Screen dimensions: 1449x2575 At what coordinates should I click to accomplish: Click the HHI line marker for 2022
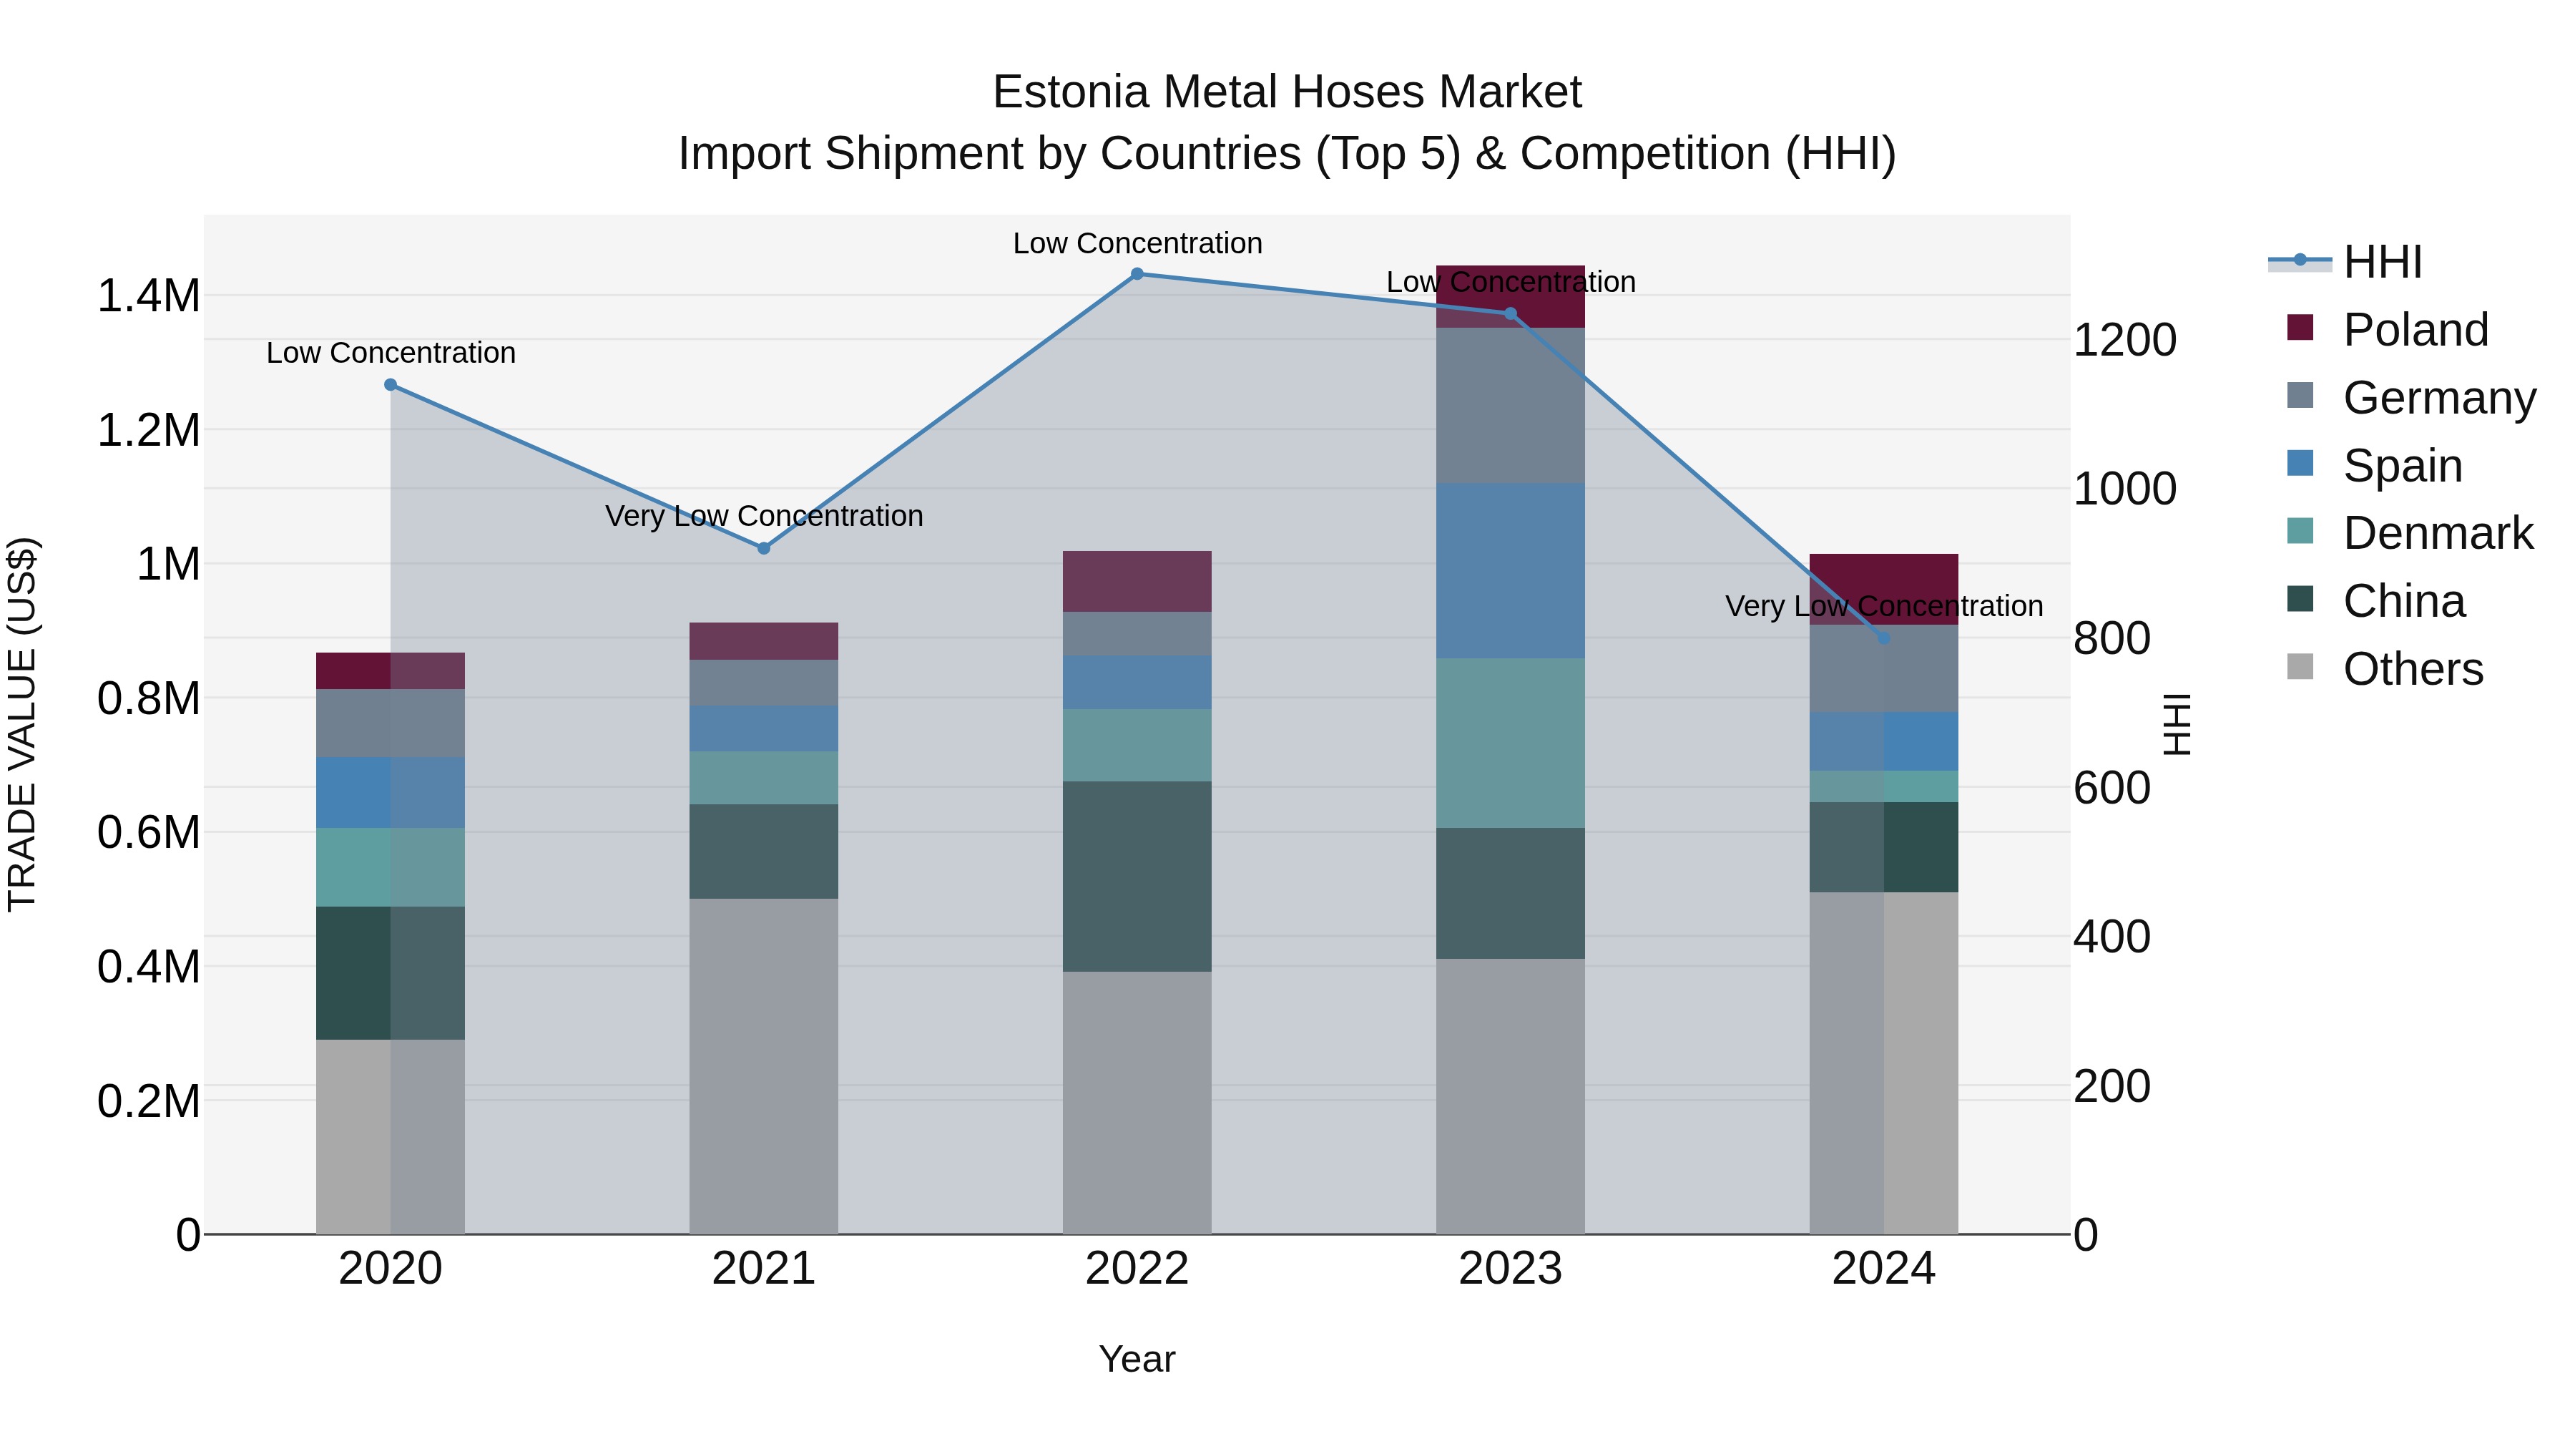click(x=1137, y=274)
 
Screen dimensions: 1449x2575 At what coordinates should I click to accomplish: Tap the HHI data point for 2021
click(x=764, y=548)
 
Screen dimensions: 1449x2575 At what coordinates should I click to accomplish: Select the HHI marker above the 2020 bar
click(x=391, y=385)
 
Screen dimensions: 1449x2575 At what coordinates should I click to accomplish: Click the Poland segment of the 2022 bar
click(x=1137, y=581)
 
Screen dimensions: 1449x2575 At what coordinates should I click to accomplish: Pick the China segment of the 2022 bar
click(x=1137, y=876)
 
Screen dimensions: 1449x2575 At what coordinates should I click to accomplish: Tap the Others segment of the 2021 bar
click(x=764, y=1065)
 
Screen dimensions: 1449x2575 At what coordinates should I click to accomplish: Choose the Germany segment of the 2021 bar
click(x=764, y=683)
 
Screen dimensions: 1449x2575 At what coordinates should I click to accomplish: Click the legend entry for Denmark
click(x=2437, y=533)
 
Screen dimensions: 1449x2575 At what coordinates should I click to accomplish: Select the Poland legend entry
click(x=2415, y=330)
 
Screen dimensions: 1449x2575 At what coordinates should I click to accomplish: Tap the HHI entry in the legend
click(x=2382, y=262)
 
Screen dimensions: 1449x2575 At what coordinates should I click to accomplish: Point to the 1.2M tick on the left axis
click(x=148, y=431)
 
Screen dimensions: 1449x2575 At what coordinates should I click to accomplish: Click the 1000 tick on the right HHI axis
click(x=2124, y=489)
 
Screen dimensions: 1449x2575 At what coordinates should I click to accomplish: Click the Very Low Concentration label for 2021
click(x=764, y=516)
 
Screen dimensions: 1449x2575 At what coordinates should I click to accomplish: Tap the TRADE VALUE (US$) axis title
click(x=22, y=724)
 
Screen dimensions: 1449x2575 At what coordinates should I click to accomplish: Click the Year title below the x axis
click(x=1137, y=1359)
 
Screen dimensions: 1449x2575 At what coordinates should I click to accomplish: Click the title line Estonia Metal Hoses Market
click(x=1287, y=92)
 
